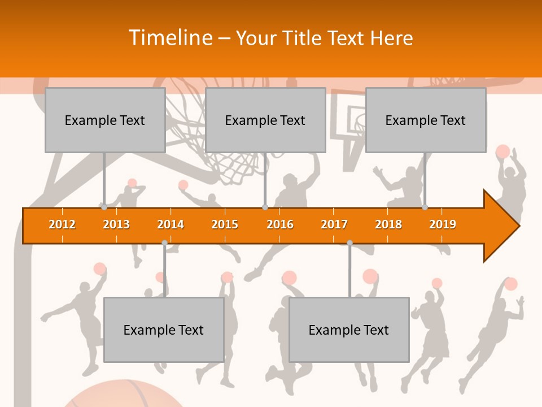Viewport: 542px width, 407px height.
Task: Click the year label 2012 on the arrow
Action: point(62,224)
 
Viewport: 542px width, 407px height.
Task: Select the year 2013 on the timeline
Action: point(116,224)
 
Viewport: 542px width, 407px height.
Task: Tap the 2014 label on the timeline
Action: point(171,224)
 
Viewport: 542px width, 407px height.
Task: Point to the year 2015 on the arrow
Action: point(225,224)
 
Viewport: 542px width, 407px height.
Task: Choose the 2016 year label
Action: point(280,224)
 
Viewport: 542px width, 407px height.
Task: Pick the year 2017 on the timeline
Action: point(334,224)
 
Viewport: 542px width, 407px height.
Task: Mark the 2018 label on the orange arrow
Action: point(388,224)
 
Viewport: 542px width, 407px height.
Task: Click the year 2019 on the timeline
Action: point(443,224)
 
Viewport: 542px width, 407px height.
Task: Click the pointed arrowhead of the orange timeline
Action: point(502,226)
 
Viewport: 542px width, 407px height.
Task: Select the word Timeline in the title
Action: point(170,38)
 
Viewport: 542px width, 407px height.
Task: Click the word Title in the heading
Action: point(304,38)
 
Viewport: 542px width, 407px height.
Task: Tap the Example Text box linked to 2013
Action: point(105,120)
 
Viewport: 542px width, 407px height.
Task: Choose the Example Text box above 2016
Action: point(265,120)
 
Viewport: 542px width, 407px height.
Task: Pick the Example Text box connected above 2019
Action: point(426,120)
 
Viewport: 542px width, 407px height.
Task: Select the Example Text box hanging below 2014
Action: point(164,330)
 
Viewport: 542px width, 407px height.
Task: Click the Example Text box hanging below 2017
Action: point(349,330)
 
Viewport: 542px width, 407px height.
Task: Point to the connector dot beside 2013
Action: point(104,207)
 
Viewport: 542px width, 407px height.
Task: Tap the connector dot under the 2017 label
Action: point(349,243)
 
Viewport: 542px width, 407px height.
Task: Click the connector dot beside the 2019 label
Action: point(425,207)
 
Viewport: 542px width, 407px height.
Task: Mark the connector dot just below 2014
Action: point(164,243)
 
